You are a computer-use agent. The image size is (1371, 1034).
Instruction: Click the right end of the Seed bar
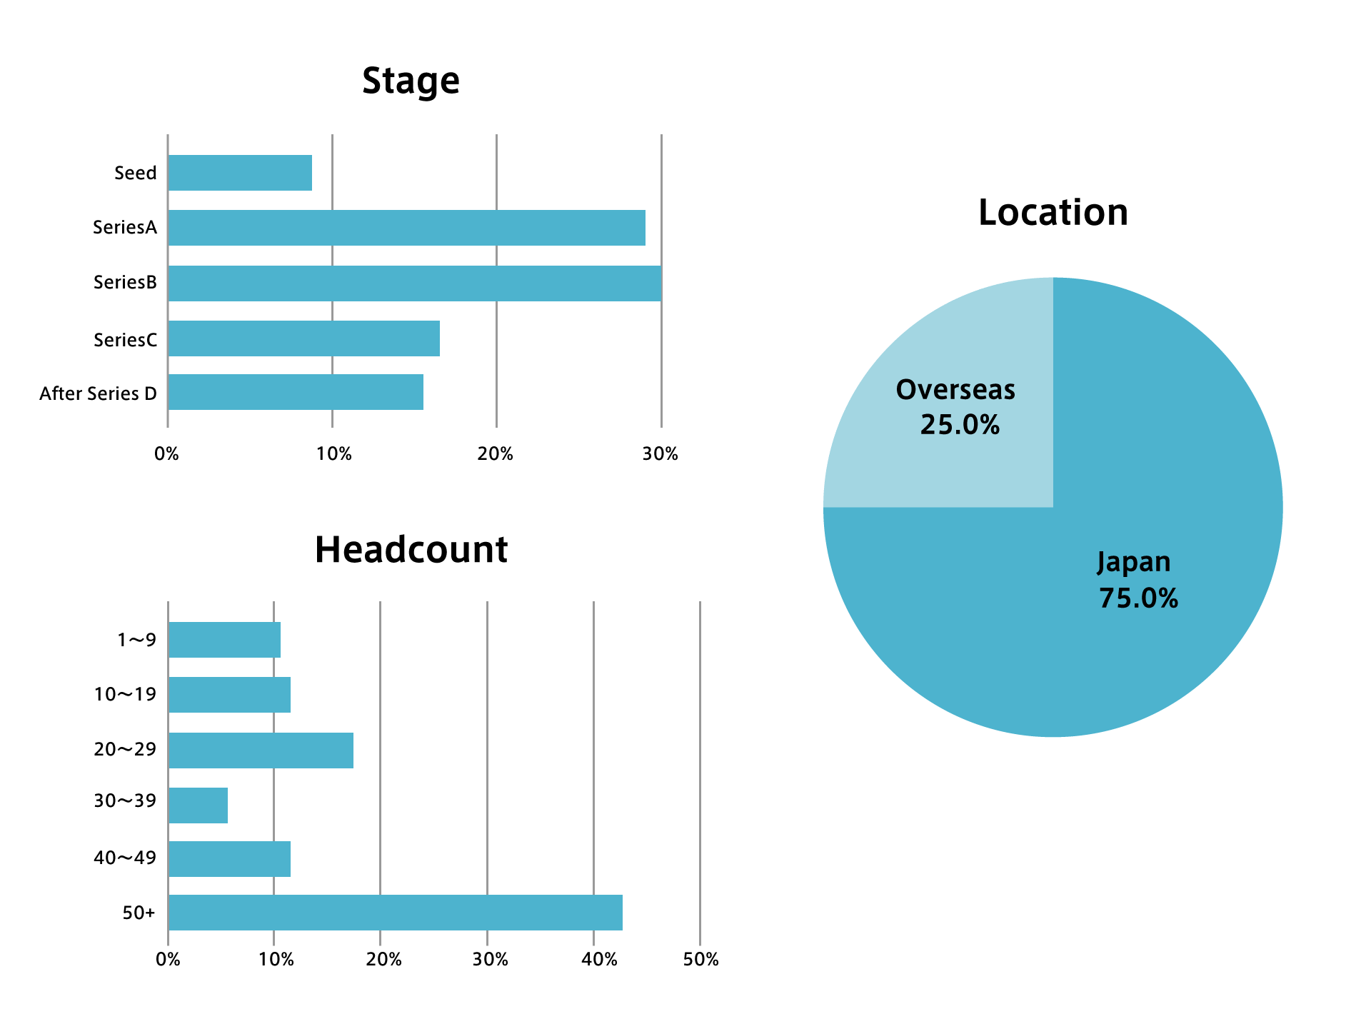point(312,173)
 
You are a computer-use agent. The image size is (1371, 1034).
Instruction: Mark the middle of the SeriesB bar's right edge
point(661,283)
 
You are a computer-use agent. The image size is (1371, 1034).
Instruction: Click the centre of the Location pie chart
point(1053,507)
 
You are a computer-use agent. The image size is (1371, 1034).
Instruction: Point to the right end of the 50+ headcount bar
point(623,913)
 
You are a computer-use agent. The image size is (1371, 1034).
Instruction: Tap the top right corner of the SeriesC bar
point(440,321)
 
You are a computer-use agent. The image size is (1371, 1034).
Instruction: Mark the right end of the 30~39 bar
point(228,805)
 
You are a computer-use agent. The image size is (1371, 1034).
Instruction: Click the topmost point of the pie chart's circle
point(1053,277)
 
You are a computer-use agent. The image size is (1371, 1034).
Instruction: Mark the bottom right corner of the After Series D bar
point(423,410)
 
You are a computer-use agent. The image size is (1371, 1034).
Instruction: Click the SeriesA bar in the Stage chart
point(407,228)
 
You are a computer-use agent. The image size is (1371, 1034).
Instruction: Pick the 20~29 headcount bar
point(261,751)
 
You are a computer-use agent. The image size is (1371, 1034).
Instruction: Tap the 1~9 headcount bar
point(224,640)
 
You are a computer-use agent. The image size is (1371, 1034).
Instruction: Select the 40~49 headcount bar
point(229,859)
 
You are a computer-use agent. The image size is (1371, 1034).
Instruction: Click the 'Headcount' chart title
point(411,550)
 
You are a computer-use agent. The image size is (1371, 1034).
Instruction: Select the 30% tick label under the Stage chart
point(661,454)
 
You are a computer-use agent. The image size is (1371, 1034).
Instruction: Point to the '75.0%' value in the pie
point(1138,598)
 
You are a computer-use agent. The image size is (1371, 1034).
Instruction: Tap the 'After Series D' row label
point(98,393)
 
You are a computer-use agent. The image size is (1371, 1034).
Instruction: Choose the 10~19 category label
point(125,694)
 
